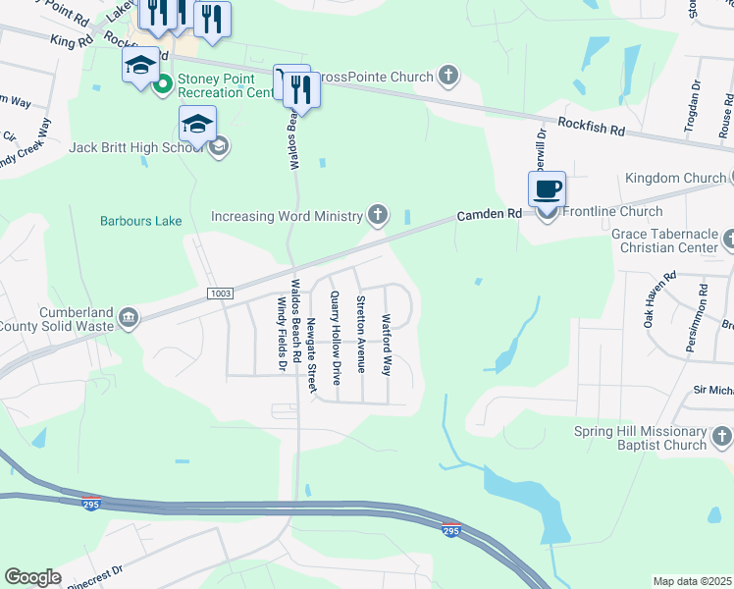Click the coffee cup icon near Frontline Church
(x=548, y=187)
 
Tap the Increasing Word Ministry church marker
(x=377, y=215)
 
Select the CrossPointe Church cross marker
(x=448, y=77)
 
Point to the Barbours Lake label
(x=141, y=221)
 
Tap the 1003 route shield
(x=220, y=294)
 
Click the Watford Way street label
(x=387, y=345)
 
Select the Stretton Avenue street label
(x=361, y=334)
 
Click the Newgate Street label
(x=312, y=341)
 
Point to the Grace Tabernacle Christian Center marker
(x=727, y=239)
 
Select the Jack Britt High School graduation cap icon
(x=197, y=125)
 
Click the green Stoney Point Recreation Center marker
(x=164, y=85)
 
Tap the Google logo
(x=32, y=576)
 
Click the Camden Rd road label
(x=488, y=213)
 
